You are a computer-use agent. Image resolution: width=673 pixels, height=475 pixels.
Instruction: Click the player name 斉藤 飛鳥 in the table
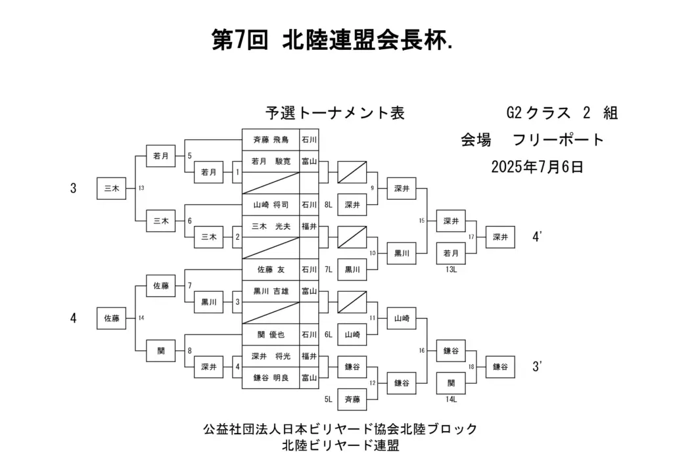(x=271, y=140)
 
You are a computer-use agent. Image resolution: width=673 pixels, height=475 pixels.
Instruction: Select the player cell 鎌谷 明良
(x=271, y=378)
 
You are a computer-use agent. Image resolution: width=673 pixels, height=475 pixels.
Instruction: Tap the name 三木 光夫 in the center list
(x=271, y=227)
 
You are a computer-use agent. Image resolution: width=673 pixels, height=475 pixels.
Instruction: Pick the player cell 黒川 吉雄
(x=271, y=291)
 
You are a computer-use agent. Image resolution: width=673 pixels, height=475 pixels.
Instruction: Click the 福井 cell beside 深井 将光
(x=309, y=356)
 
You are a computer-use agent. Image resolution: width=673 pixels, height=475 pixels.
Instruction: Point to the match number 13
(x=141, y=188)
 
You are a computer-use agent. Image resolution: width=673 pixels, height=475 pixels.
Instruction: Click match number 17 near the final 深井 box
(x=471, y=237)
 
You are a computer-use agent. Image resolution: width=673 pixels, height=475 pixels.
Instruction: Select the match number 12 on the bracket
(x=372, y=383)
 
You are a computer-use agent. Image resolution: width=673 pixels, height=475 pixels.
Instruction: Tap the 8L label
(x=329, y=205)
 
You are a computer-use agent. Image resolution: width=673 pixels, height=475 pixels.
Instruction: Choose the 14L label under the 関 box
(x=451, y=399)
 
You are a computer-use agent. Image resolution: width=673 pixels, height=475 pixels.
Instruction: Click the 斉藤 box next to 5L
(x=352, y=399)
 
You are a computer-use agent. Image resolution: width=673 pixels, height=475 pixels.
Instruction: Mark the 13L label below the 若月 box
(x=451, y=269)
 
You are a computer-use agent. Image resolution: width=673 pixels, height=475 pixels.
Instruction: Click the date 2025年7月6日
(x=538, y=167)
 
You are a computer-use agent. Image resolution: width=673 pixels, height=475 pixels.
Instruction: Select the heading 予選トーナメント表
(x=335, y=113)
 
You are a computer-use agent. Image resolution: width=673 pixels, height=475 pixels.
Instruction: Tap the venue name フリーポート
(x=559, y=140)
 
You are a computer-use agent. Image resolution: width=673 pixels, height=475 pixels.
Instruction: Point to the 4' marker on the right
(x=537, y=237)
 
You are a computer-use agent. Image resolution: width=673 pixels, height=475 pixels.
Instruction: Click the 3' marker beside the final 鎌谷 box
(x=537, y=367)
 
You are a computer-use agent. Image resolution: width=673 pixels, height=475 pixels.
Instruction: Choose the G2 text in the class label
(x=514, y=113)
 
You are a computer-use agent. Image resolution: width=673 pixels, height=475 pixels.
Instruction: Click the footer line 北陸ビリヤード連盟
(x=340, y=445)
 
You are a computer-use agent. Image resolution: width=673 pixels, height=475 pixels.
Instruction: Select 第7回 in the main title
(x=240, y=41)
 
